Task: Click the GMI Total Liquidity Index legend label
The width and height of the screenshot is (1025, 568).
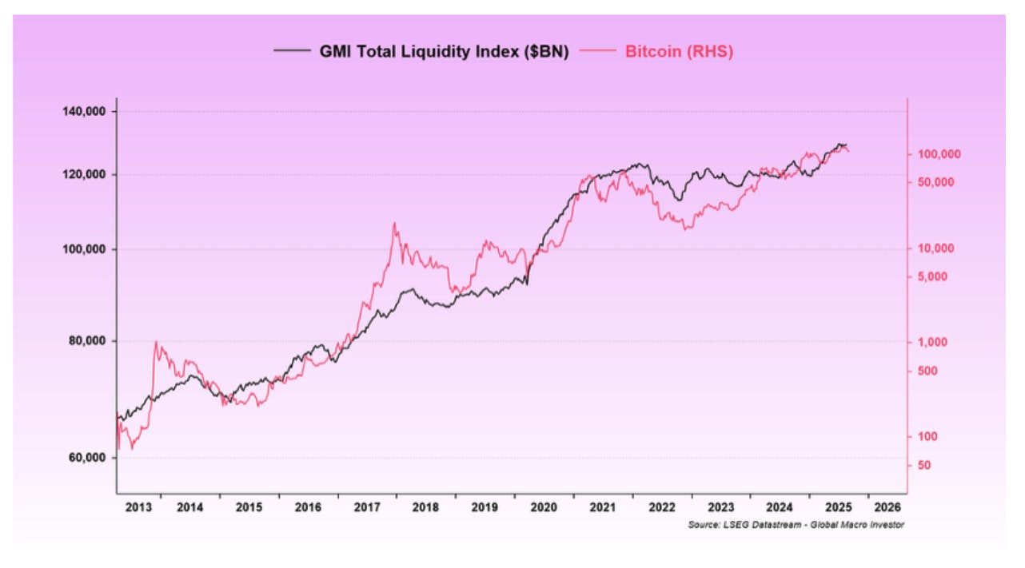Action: (x=444, y=52)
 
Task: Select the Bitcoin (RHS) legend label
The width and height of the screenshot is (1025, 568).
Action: (x=679, y=52)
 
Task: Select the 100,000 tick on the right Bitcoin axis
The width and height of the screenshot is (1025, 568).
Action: (x=938, y=154)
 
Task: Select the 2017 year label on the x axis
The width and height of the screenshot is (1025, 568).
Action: (x=369, y=507)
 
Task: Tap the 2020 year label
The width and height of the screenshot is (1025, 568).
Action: (x=545, y=507)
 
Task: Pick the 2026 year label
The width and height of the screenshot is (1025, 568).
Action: (x=888, y=507)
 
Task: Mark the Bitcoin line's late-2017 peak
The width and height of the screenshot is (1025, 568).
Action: (x=394, y=223)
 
